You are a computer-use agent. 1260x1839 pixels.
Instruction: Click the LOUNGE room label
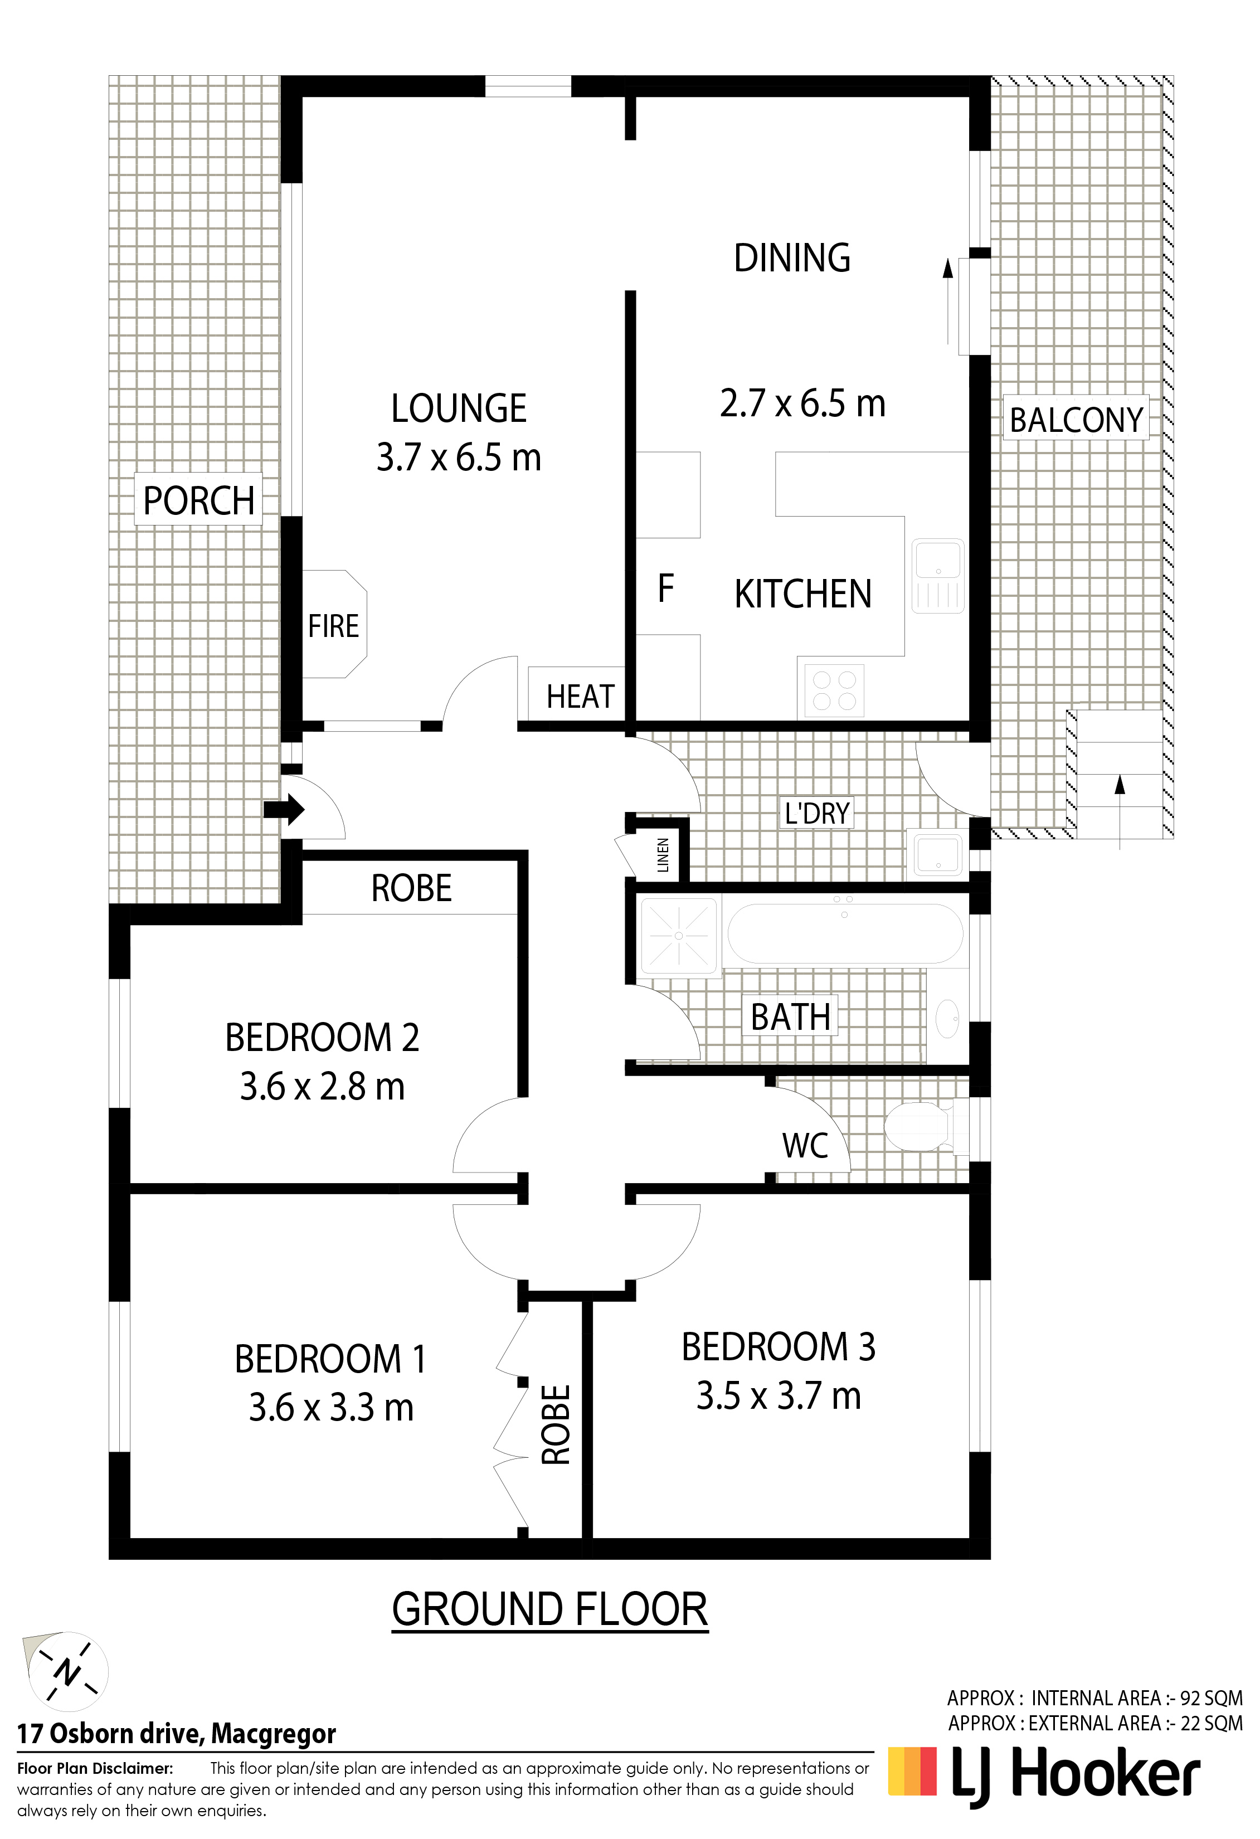[x=459, y=408]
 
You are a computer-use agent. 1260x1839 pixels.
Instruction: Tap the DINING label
[x=792, y=258]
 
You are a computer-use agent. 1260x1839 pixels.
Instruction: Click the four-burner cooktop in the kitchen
[x=834, y=690]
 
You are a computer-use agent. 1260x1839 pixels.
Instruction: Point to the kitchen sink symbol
[x=938, y=576]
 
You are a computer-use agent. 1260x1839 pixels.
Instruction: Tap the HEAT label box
[x=580, y=697]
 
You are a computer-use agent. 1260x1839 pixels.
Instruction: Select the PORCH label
[x=198, y=501]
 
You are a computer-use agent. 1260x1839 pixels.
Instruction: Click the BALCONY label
[x=1077, y=420]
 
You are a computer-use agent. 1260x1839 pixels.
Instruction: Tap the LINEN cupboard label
[x=663, y=855]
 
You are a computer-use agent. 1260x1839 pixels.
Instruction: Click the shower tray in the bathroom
[x=678, y=935]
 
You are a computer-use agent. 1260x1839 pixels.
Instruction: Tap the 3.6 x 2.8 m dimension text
[x=322, y=1087]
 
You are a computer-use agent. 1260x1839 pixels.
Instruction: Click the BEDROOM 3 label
[x=779, y=1347]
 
